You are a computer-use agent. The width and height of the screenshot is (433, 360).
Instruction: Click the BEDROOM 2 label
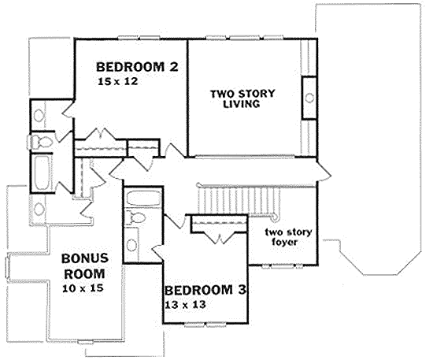click(137, 67)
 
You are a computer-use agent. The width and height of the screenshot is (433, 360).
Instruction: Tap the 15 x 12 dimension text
click(118, 81)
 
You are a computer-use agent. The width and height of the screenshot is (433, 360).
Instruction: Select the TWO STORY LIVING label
click(242, 98)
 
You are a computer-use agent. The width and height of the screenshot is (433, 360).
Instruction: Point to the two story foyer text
click(288, 237)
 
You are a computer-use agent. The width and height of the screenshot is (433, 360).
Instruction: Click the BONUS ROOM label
click(85, 266)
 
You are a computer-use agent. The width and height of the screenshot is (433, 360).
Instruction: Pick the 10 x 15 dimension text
click(83, 288)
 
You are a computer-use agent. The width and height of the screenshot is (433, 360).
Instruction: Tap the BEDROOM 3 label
click(205, 291)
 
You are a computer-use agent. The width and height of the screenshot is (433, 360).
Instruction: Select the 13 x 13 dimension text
click(185, 305)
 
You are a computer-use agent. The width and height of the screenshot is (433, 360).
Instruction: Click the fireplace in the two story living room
click(309, 98)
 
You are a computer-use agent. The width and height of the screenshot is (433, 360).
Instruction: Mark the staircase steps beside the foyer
click(238, 200)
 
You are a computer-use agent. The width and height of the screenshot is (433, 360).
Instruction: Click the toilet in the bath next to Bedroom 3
click(136, 217)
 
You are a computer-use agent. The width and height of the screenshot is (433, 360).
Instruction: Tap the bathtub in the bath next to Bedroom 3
click(143, 199)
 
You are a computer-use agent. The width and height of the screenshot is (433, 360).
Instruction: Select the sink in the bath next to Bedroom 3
click(131, 245)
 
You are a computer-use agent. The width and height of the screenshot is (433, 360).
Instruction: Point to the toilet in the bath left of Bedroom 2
click(42, 143)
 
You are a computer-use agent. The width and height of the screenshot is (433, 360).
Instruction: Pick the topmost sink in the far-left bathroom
click(39, 115)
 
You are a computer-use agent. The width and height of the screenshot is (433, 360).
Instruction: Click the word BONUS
click(85, 258)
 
